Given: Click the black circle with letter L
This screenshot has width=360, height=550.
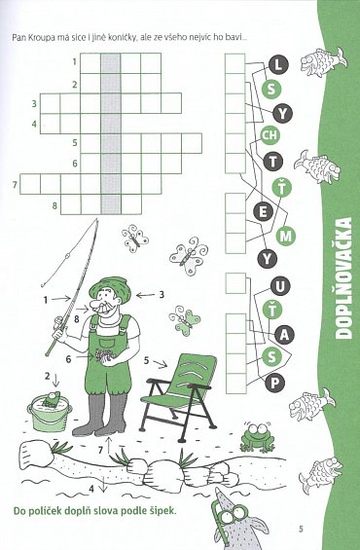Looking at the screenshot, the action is point(278,65).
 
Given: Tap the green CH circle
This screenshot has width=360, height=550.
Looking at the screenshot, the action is point(270,135).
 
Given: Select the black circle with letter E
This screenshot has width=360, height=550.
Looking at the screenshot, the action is point(263,212).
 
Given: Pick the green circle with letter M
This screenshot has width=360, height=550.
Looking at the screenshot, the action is point(286,237).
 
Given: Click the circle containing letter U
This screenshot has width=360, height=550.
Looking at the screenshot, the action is point(280,287).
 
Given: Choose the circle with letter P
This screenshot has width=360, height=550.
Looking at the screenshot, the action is point(274,384).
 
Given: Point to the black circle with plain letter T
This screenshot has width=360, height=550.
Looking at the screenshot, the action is point(272,162).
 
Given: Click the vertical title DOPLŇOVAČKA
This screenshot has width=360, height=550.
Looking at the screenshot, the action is point(342,278).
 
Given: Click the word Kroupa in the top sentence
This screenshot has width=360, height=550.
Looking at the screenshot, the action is point(43,38).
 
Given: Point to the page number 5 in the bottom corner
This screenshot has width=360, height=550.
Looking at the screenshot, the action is point(301,529).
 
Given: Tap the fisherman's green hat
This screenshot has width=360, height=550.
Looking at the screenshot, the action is point(110,288).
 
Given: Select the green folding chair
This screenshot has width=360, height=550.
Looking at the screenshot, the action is point(177,397).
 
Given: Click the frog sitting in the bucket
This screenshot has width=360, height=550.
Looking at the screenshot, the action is point(52,399).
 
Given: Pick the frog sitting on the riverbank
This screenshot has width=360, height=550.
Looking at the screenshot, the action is point(257,437).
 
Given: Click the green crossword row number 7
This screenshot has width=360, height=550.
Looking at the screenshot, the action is point(15,185).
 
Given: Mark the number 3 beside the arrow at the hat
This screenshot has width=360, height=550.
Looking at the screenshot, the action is point(161,294).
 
